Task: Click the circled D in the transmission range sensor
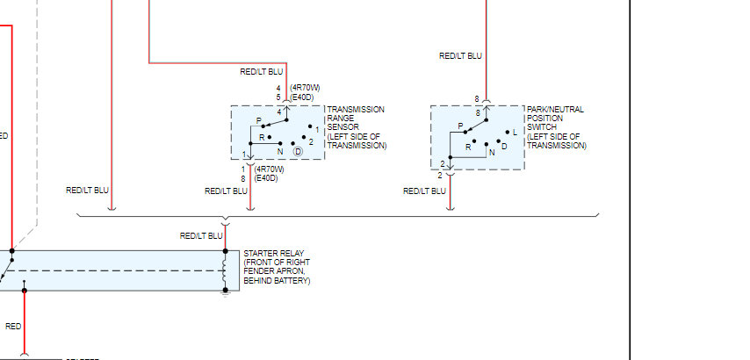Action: [298, 152]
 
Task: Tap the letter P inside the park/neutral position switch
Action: [460, 126]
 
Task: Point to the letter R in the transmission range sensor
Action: [261, 138]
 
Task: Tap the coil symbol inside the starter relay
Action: [225, 269]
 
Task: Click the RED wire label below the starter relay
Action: [13, 327]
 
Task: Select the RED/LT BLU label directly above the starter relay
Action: [201, 236]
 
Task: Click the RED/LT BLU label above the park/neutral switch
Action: [461, 56]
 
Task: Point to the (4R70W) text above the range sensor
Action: [305, 88]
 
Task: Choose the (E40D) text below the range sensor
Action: [266, 178]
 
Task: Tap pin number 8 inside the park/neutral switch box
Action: [478, 113]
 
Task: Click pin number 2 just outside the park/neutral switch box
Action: [441, 176]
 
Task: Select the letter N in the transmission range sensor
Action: [280, 152]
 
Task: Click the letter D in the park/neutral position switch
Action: [504, 147]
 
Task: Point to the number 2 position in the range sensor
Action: [311, 141]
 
